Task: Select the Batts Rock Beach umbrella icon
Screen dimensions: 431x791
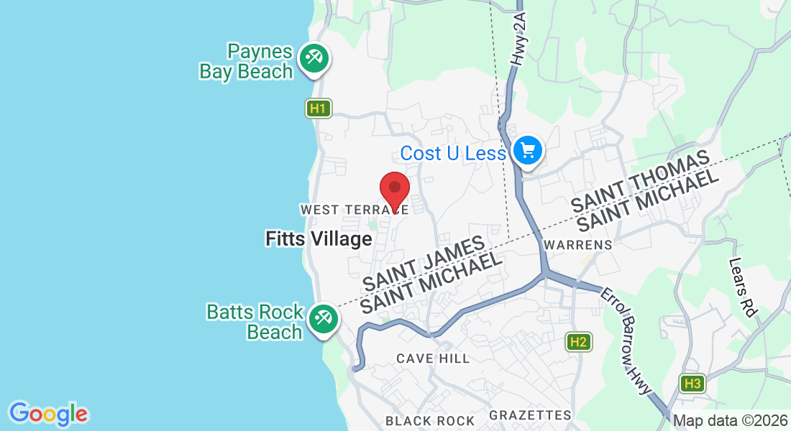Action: pyautogui.click(x=322, y=318)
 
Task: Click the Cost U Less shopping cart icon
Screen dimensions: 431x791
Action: pyautogui.click(x=529, y=151)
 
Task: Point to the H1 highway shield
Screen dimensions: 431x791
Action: pyautogui.click(x=318, y=109)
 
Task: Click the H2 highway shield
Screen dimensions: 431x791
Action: pyautogui.click(x=578, y=342)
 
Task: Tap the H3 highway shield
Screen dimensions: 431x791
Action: pyautogui.click(x=692, y=384)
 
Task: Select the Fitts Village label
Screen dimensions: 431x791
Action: pyautogui.click(x=318, y=239)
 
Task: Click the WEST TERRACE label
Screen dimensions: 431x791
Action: pyautogui.click(x=355, y=210)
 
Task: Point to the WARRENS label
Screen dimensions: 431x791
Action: pyautogui.click(x=578, y=245)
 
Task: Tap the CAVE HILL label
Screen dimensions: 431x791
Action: pyautogui.click(x=433, y=358)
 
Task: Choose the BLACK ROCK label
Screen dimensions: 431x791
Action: pyautogui.click(x=430, y=421)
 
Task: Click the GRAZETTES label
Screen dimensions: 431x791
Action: pyautogui.click(x=530, y=415)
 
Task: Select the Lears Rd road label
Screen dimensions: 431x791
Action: pyautogui.click(x=744, y=288)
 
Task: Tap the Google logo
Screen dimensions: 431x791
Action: pyautogui.click(x=48, y=414)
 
